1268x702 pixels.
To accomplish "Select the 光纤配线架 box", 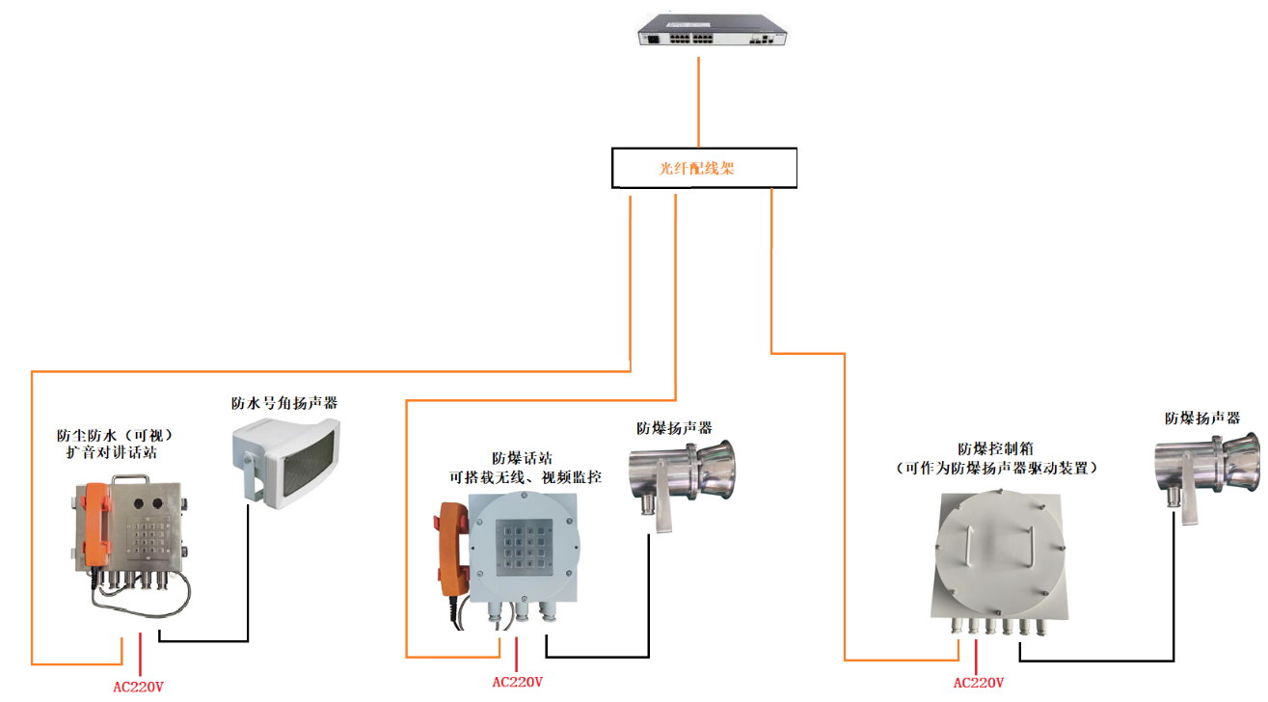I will (x=705, y=168).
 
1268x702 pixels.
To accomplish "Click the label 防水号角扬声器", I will (x=284, y=403).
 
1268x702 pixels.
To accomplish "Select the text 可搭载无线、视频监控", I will (x=526, y=476).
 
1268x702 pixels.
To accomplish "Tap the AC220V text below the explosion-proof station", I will (x=517, y=682).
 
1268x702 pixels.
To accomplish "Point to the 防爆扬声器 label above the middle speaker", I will (x=674, y=427).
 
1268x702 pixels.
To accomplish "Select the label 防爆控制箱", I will (x=996, y=449).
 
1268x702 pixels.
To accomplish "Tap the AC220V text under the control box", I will (x=979, y=683).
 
